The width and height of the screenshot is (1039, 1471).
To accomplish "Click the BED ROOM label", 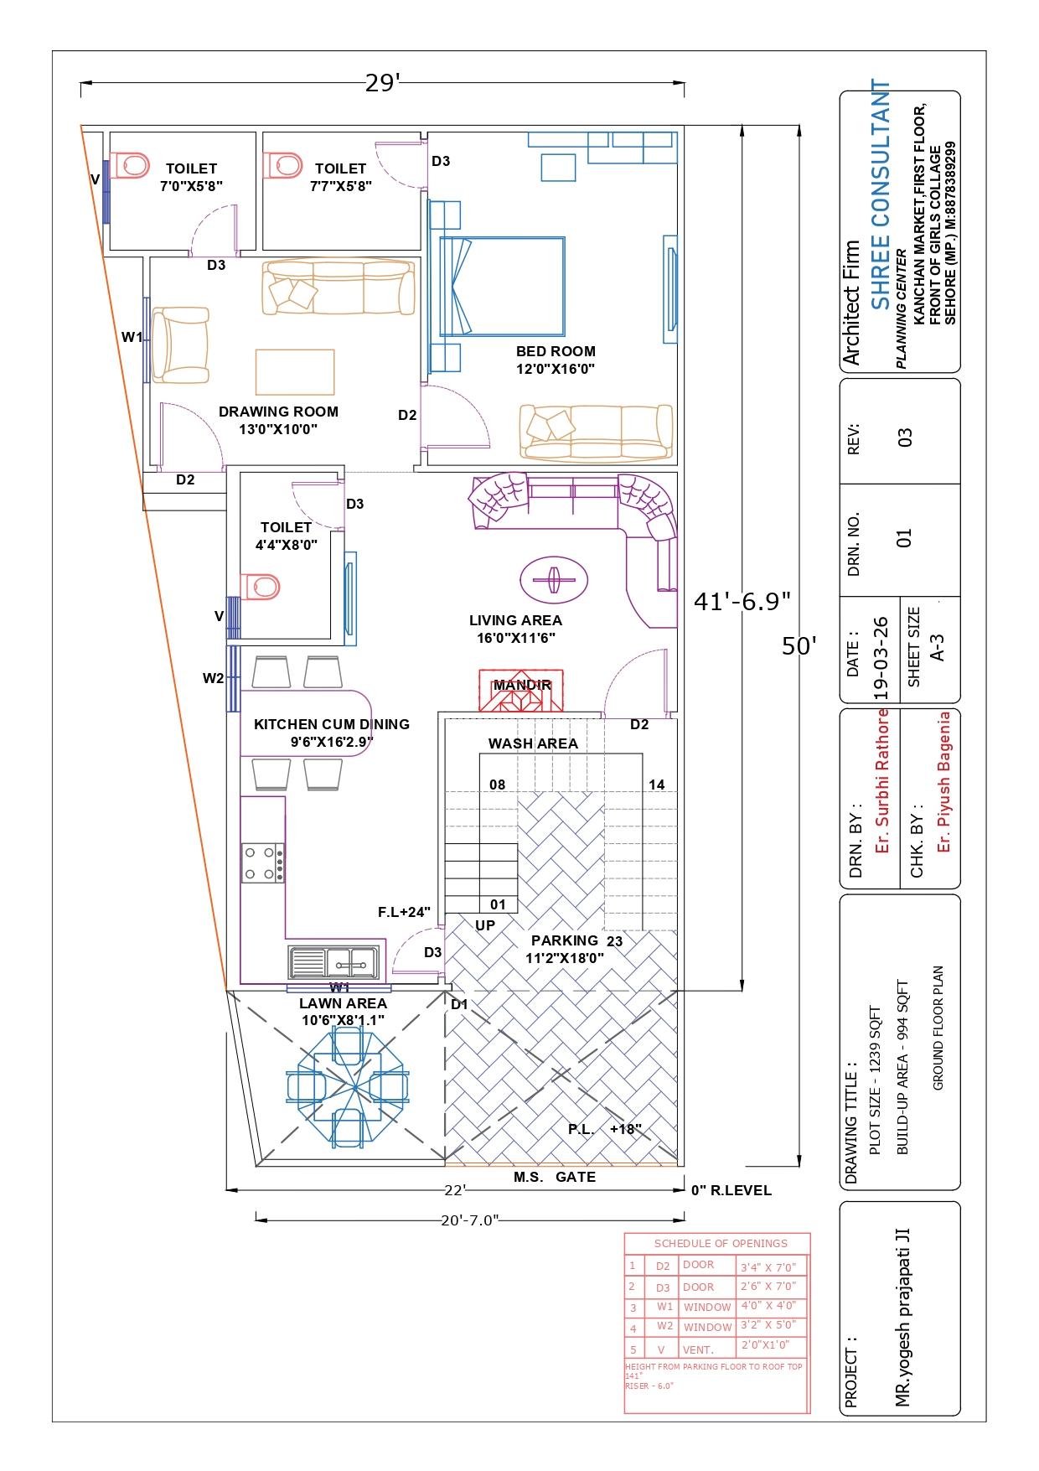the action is point(556,351).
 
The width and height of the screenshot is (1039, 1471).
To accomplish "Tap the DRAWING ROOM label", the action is point(278,412).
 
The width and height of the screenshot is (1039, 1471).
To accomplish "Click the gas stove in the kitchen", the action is point(263,863).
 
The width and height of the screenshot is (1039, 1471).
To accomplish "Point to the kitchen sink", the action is point(333,961).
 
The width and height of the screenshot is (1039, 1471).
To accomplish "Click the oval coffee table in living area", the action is point(553,580).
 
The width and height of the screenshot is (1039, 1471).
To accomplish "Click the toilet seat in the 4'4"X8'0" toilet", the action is point(258,586).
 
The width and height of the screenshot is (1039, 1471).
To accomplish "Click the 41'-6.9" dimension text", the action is point(742,601).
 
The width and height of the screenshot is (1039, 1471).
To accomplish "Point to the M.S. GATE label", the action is point(555,1177).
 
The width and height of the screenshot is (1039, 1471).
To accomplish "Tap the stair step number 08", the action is point(498,785).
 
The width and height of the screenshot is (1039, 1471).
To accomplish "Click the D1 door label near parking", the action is point(459,1004).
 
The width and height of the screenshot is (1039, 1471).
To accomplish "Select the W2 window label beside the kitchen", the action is point(214,678).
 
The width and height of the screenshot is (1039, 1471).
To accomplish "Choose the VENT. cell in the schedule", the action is point(699,1349).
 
